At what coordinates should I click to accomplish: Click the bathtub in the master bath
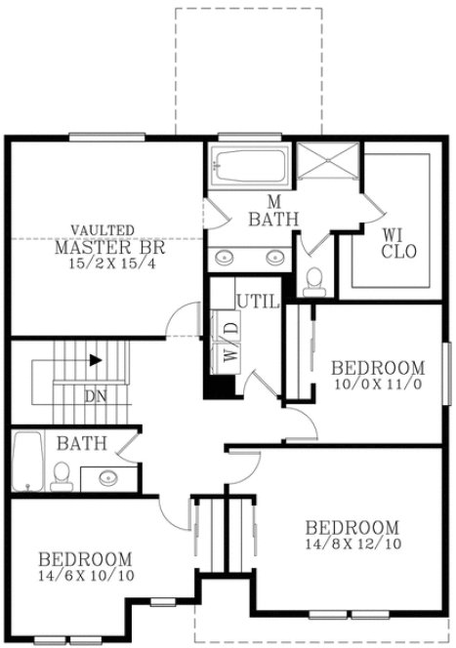(x=248, y=167)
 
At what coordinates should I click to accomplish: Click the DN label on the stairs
(x=96, y=396)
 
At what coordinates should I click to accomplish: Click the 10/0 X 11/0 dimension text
(x=378, y=385)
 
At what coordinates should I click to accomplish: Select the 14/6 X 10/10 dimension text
(x=85, y=577)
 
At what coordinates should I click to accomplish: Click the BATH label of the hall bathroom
(x=81, y=444)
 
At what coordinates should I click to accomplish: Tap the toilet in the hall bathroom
(x=61, y=475)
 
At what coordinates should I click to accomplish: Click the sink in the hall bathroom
(x=107, y=477)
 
